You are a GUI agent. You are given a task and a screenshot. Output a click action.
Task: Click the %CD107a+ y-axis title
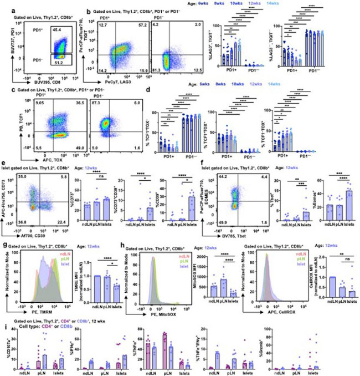point(6,345)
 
